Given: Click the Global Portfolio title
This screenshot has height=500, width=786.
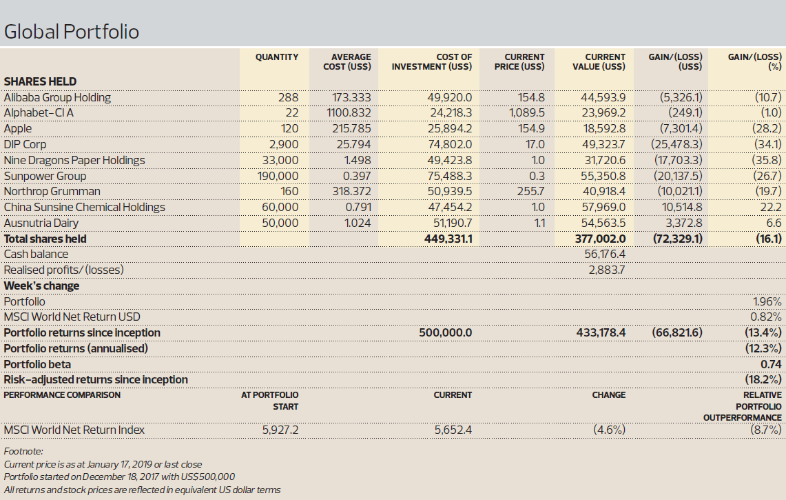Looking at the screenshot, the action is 71,32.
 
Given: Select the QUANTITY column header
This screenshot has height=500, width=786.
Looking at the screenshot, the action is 277,57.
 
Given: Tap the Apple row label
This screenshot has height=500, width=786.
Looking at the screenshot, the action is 17,129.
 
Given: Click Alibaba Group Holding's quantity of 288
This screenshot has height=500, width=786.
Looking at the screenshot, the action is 288,97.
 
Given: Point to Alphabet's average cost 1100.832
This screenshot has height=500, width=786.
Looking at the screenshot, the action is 349,113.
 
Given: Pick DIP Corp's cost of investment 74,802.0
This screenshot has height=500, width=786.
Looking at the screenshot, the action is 450,145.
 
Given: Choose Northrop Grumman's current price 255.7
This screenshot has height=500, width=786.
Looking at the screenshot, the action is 531,191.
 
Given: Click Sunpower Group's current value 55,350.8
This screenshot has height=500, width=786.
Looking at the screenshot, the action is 603,176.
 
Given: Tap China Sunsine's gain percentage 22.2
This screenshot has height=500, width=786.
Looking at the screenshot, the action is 771,208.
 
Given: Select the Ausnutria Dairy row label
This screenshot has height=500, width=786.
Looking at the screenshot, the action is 41,223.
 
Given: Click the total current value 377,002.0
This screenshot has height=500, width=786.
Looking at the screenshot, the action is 600,239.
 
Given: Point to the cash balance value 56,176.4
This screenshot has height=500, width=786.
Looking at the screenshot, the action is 605,254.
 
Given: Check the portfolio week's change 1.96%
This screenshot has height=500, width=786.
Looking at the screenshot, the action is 767,301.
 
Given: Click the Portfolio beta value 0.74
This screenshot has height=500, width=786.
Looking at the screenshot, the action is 771,364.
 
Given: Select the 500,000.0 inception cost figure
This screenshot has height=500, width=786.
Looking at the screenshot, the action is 446,333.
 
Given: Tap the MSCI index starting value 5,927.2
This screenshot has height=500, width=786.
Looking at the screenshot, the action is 280,430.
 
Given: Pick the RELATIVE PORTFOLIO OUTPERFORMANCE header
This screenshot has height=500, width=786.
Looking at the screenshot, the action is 743,406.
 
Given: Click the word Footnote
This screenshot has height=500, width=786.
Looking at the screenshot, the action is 23,451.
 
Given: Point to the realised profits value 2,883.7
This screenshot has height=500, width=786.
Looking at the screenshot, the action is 606,270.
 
